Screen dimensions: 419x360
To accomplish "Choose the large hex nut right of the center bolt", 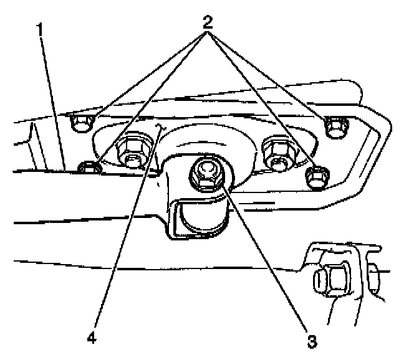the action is click(277, 152).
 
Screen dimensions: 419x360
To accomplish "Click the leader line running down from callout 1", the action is click(53, 100).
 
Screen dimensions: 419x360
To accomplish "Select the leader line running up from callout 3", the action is click(268, 262).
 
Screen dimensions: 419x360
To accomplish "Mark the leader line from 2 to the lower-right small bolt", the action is click(262, 100).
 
